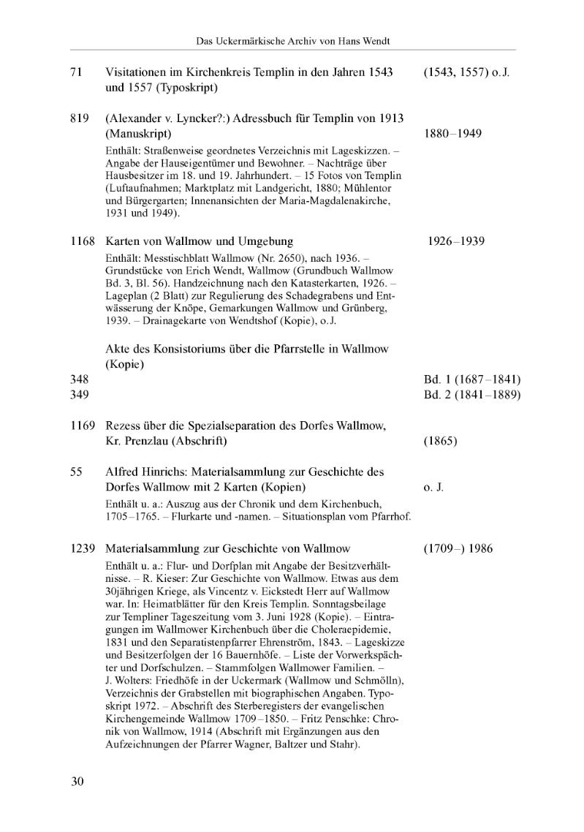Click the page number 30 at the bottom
pyautogui.click(x=77, y=782)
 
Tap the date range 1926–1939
pyautogui.click(x=457, y=241)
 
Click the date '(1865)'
pyautogui.click(x=440, y=442)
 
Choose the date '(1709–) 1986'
pyautogui.click(x=458, y=548)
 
